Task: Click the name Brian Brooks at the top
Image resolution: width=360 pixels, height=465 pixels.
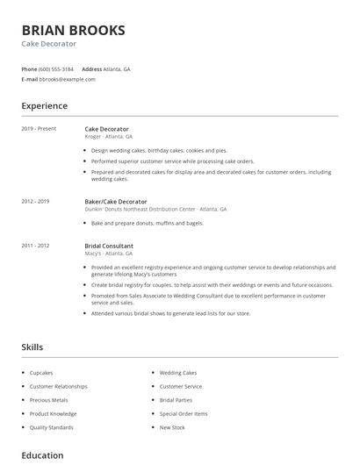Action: click(73, 30)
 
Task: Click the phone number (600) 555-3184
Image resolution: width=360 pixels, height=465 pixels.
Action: click(56, 68)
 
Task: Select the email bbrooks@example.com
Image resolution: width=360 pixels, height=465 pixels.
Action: click(67, 79)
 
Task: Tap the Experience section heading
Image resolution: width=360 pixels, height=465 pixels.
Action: click(44, 106)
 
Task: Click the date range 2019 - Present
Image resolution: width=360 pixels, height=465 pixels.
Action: click(39, 128)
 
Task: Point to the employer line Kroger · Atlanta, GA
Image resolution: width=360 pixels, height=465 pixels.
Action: click(108, 137)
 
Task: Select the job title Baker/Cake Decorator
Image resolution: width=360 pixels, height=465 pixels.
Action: click(115, 201)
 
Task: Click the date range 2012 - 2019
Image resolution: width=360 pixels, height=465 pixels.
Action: click(35, 201)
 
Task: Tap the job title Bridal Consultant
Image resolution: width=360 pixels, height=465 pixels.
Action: click(109, 246)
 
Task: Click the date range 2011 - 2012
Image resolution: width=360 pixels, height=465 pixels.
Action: click(35, 246)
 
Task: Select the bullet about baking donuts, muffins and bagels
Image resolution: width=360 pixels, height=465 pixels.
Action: click(147, 223)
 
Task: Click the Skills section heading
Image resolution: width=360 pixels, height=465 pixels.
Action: click(32, 347)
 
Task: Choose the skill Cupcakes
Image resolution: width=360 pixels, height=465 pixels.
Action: click(41, 373)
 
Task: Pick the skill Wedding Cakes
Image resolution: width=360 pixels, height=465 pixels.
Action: click(178, 373)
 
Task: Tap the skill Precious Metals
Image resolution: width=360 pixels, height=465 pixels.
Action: click(48, 400)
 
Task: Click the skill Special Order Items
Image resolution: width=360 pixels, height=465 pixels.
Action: click(184, 413)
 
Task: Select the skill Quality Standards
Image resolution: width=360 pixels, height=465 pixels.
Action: click(51, 427)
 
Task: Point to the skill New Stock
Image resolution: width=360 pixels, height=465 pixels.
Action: click(172, 427)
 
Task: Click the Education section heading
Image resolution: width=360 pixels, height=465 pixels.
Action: click(42, 455)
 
